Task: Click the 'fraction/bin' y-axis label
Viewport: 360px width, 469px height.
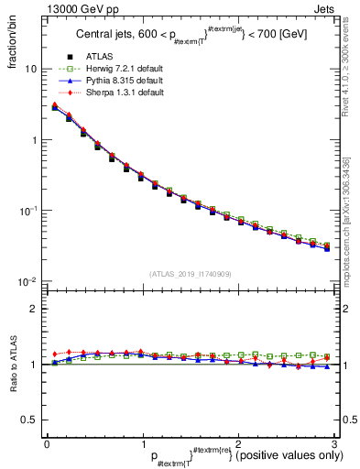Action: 12,43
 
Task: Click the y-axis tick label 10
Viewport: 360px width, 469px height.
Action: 30,70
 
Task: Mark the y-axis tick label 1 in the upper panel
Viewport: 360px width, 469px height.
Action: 33,140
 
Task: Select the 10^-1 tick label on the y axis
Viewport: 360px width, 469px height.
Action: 28,210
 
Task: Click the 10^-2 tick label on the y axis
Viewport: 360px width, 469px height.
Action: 28,280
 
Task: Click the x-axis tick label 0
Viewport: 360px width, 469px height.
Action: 47,443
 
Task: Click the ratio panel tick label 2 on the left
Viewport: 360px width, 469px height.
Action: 33,309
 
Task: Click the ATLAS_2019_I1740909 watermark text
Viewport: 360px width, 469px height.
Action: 191,274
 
